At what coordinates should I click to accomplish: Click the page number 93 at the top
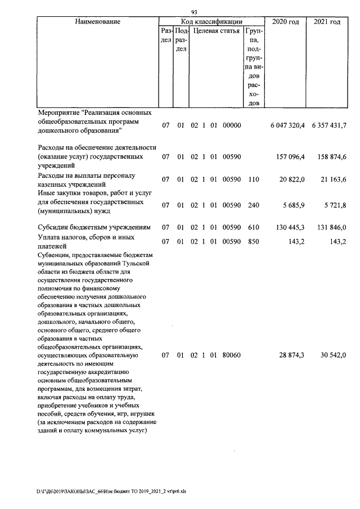pos(195,12)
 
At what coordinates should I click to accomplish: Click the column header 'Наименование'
pos(97,21)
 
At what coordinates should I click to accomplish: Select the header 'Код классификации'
pos(211,21)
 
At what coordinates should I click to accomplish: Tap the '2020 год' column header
pos(286,21)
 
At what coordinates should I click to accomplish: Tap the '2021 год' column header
pos(327,21)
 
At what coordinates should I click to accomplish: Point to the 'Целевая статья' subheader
pos(217,31)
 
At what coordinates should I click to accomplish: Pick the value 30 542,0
pos(332,355)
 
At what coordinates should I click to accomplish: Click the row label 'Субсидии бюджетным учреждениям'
pos(93,227)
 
